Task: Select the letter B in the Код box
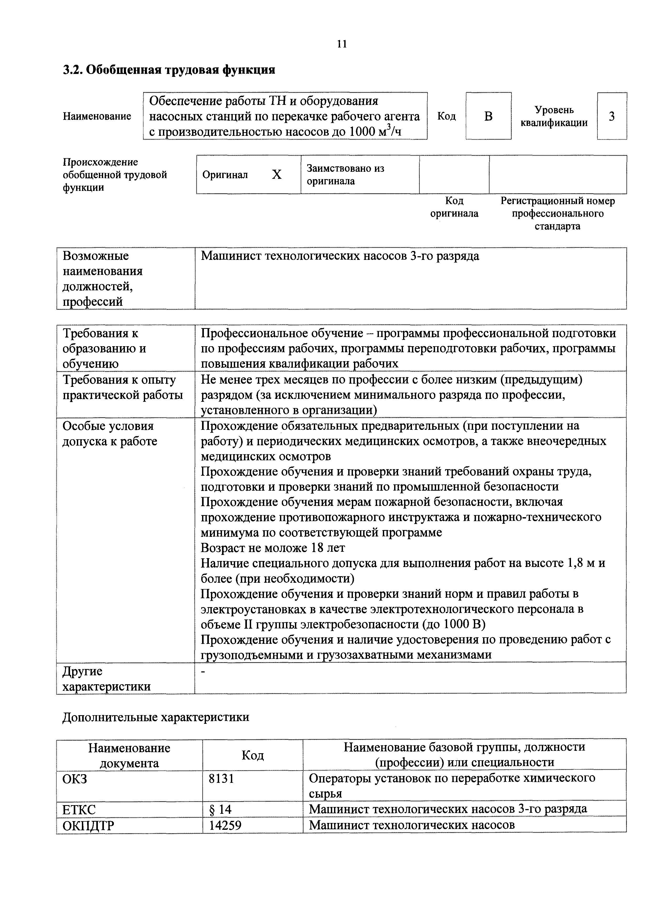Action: [x=488, y=116]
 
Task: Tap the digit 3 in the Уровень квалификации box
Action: [x=612, y=116]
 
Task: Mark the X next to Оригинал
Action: [x=277, y=175]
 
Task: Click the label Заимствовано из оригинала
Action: [x=346, y=175]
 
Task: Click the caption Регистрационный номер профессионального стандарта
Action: [x=557, y=213]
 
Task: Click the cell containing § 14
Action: [x=220, y=809]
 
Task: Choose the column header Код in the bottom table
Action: [x=252, y=755]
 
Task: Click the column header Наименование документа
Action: [x=129, y=755]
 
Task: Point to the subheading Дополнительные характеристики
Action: [x=156, y=717]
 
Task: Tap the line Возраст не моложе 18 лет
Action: [x=273, y=548]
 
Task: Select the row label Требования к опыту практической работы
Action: [x=122, y=387]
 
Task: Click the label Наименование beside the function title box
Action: [x=97, y=116]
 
